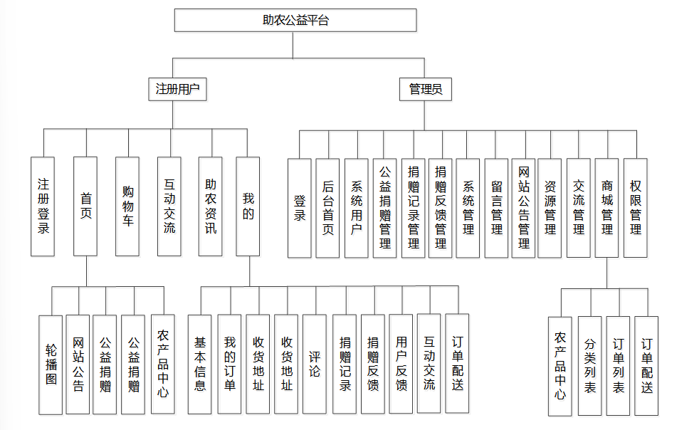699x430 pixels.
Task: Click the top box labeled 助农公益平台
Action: [x=295, y=20]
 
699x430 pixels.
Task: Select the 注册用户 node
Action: [x=177, y=89]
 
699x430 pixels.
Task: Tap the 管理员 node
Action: [x=426, y=89]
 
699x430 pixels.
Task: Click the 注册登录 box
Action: [x=43, y=206]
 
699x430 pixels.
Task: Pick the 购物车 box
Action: [x=127, y=206]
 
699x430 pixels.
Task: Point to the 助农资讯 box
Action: [x=211, y=206]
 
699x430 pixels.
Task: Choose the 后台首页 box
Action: [x=328, y=208]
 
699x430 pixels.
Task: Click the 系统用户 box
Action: [x=357, y=208]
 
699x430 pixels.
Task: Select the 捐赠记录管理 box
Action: [x=413, y=208]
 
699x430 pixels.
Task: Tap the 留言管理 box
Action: [x=497, y=208]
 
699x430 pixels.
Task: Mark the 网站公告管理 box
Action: [x=524, y=208]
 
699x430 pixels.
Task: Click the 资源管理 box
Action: [x=550, y=208]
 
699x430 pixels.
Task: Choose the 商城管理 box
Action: [x=606, y=208]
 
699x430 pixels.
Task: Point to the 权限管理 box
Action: [x=635, y=208]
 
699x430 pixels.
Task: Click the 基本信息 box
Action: [x=199, y=365]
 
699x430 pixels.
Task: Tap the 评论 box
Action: [x=315, y=365]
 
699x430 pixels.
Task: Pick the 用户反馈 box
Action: [x=401, y=365]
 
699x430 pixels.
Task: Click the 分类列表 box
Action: [x=590, y=366]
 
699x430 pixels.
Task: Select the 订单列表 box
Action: [x=619, y=366]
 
